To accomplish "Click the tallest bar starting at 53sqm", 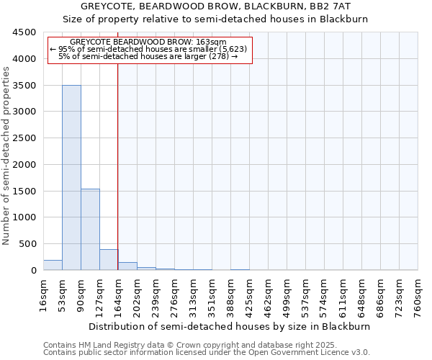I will [x=71, y=177].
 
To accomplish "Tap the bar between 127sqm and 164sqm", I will [x=109, y=259].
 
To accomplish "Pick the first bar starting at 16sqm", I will [x=53, y=265].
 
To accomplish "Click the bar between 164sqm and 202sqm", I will [x=127, y=266].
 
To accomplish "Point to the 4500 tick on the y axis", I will [x=24, y=32].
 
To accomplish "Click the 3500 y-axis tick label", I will [x=24, y=85].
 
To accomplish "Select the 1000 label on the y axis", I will [x=24, y=217].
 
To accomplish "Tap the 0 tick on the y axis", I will [x=33, y=270].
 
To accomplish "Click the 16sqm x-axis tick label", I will [x=43, y=293].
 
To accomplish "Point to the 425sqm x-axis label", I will [x=249, y=295].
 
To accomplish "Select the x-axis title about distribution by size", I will [x=230, y=326].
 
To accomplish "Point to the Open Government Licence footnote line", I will [x=207, y=352].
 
